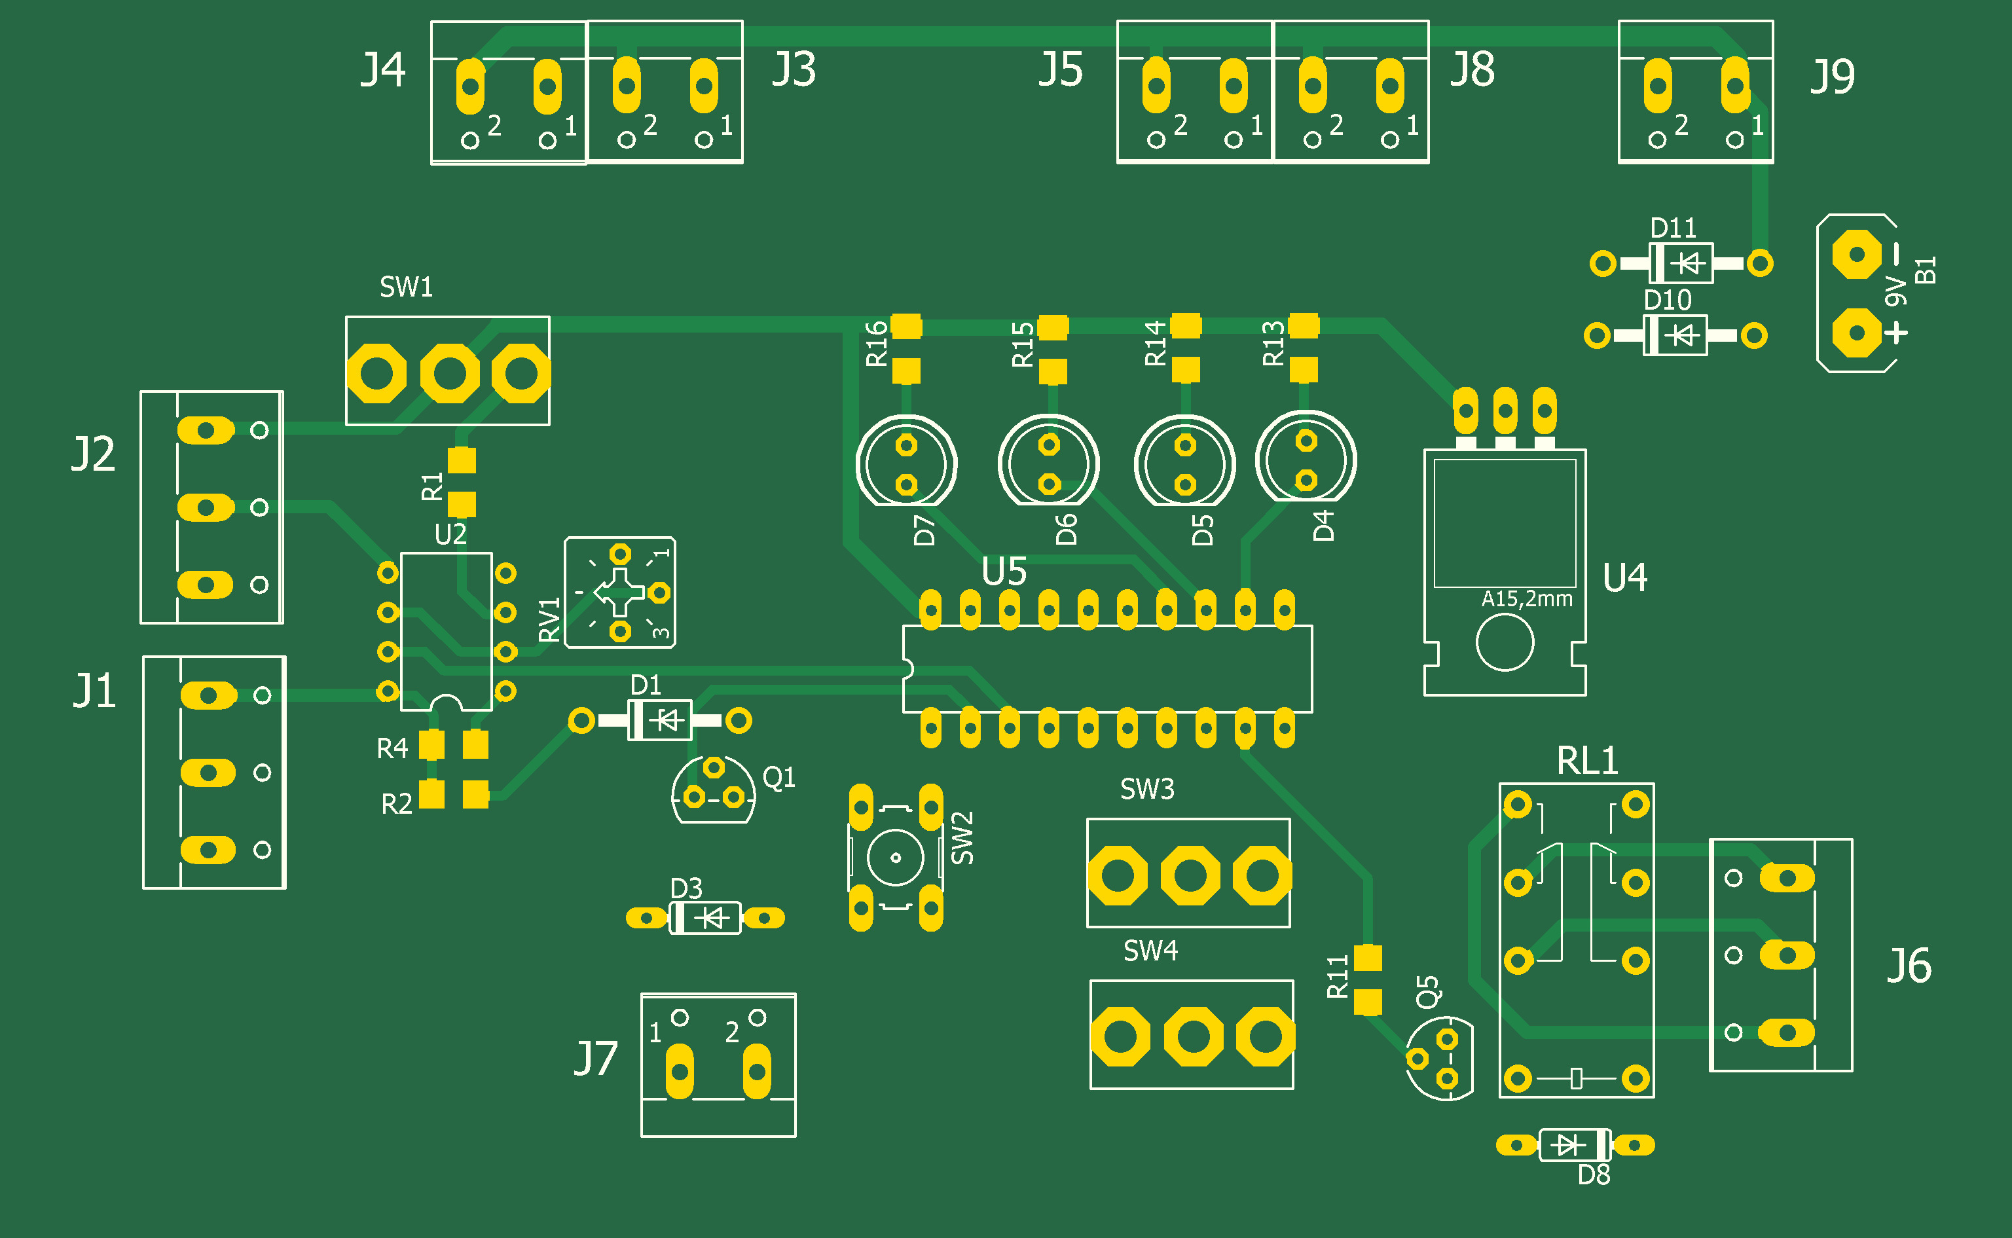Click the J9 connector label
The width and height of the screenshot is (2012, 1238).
click(1833, 76)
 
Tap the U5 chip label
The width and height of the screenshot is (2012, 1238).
click(1004, 572)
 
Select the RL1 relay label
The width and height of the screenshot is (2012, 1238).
click(1587, 761)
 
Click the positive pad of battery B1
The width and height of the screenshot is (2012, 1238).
click(1856, 333)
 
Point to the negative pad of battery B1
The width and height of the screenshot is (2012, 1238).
click(1856, 254)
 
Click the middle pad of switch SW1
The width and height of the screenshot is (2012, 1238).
click(450, 373)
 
